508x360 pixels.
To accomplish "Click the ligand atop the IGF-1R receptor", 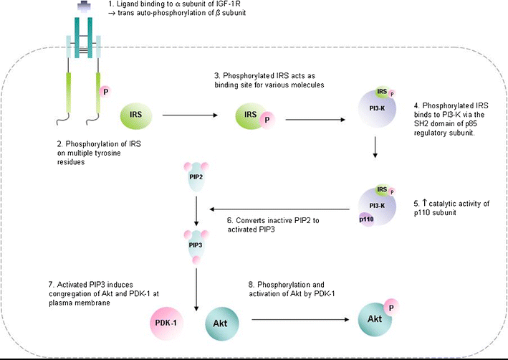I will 85,6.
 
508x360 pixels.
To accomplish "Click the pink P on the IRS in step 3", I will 267,120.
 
